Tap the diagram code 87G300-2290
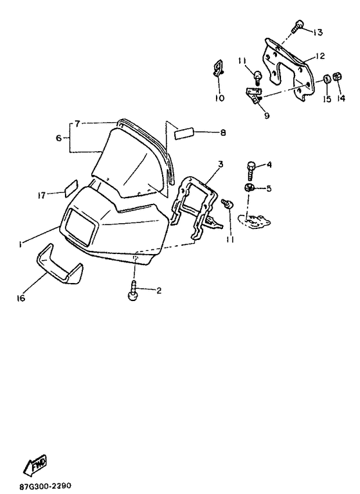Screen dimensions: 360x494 46,486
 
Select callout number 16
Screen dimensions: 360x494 21,298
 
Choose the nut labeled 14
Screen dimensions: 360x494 338,76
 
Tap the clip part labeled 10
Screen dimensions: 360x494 217,68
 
